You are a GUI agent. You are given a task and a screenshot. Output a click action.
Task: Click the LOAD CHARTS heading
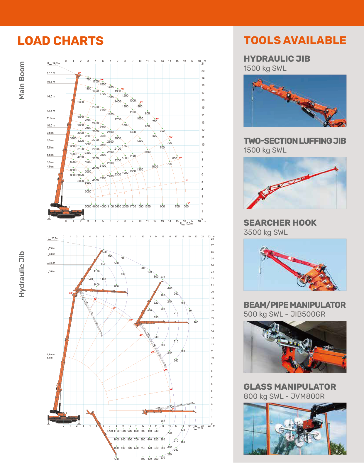point(60,41)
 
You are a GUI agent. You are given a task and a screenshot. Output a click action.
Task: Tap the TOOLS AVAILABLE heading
point(295,40)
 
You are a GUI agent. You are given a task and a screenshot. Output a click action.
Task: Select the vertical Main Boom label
point(22,80)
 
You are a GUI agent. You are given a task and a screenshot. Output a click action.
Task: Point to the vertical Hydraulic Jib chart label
point(22,274)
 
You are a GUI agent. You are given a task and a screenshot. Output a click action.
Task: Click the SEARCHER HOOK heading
point(280,223)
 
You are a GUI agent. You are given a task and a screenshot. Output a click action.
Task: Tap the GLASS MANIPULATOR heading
point(289,387)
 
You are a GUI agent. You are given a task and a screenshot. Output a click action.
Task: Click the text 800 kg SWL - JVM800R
point(284,396)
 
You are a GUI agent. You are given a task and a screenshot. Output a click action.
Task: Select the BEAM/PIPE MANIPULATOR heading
point(294,305)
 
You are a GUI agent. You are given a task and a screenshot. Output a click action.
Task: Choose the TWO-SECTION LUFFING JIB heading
point(294,141)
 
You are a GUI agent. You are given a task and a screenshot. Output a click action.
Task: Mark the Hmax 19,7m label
point(53,63)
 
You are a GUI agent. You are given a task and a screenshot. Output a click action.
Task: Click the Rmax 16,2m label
point(186,224)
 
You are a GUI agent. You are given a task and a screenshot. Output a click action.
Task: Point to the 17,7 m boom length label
point(51,73)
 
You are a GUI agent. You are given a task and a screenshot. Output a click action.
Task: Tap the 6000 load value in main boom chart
point(88,192)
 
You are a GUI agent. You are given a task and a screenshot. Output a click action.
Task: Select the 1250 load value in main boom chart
point(147,207)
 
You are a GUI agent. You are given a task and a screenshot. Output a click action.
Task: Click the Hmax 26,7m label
point(53,238)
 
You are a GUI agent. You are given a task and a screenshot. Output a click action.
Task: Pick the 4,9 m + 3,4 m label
point(50,356)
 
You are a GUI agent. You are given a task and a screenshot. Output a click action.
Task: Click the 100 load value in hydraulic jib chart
point(196,322)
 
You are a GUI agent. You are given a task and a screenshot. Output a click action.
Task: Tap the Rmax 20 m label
point(198,428)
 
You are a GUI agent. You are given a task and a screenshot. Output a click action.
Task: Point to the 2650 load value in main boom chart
point(81,117)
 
